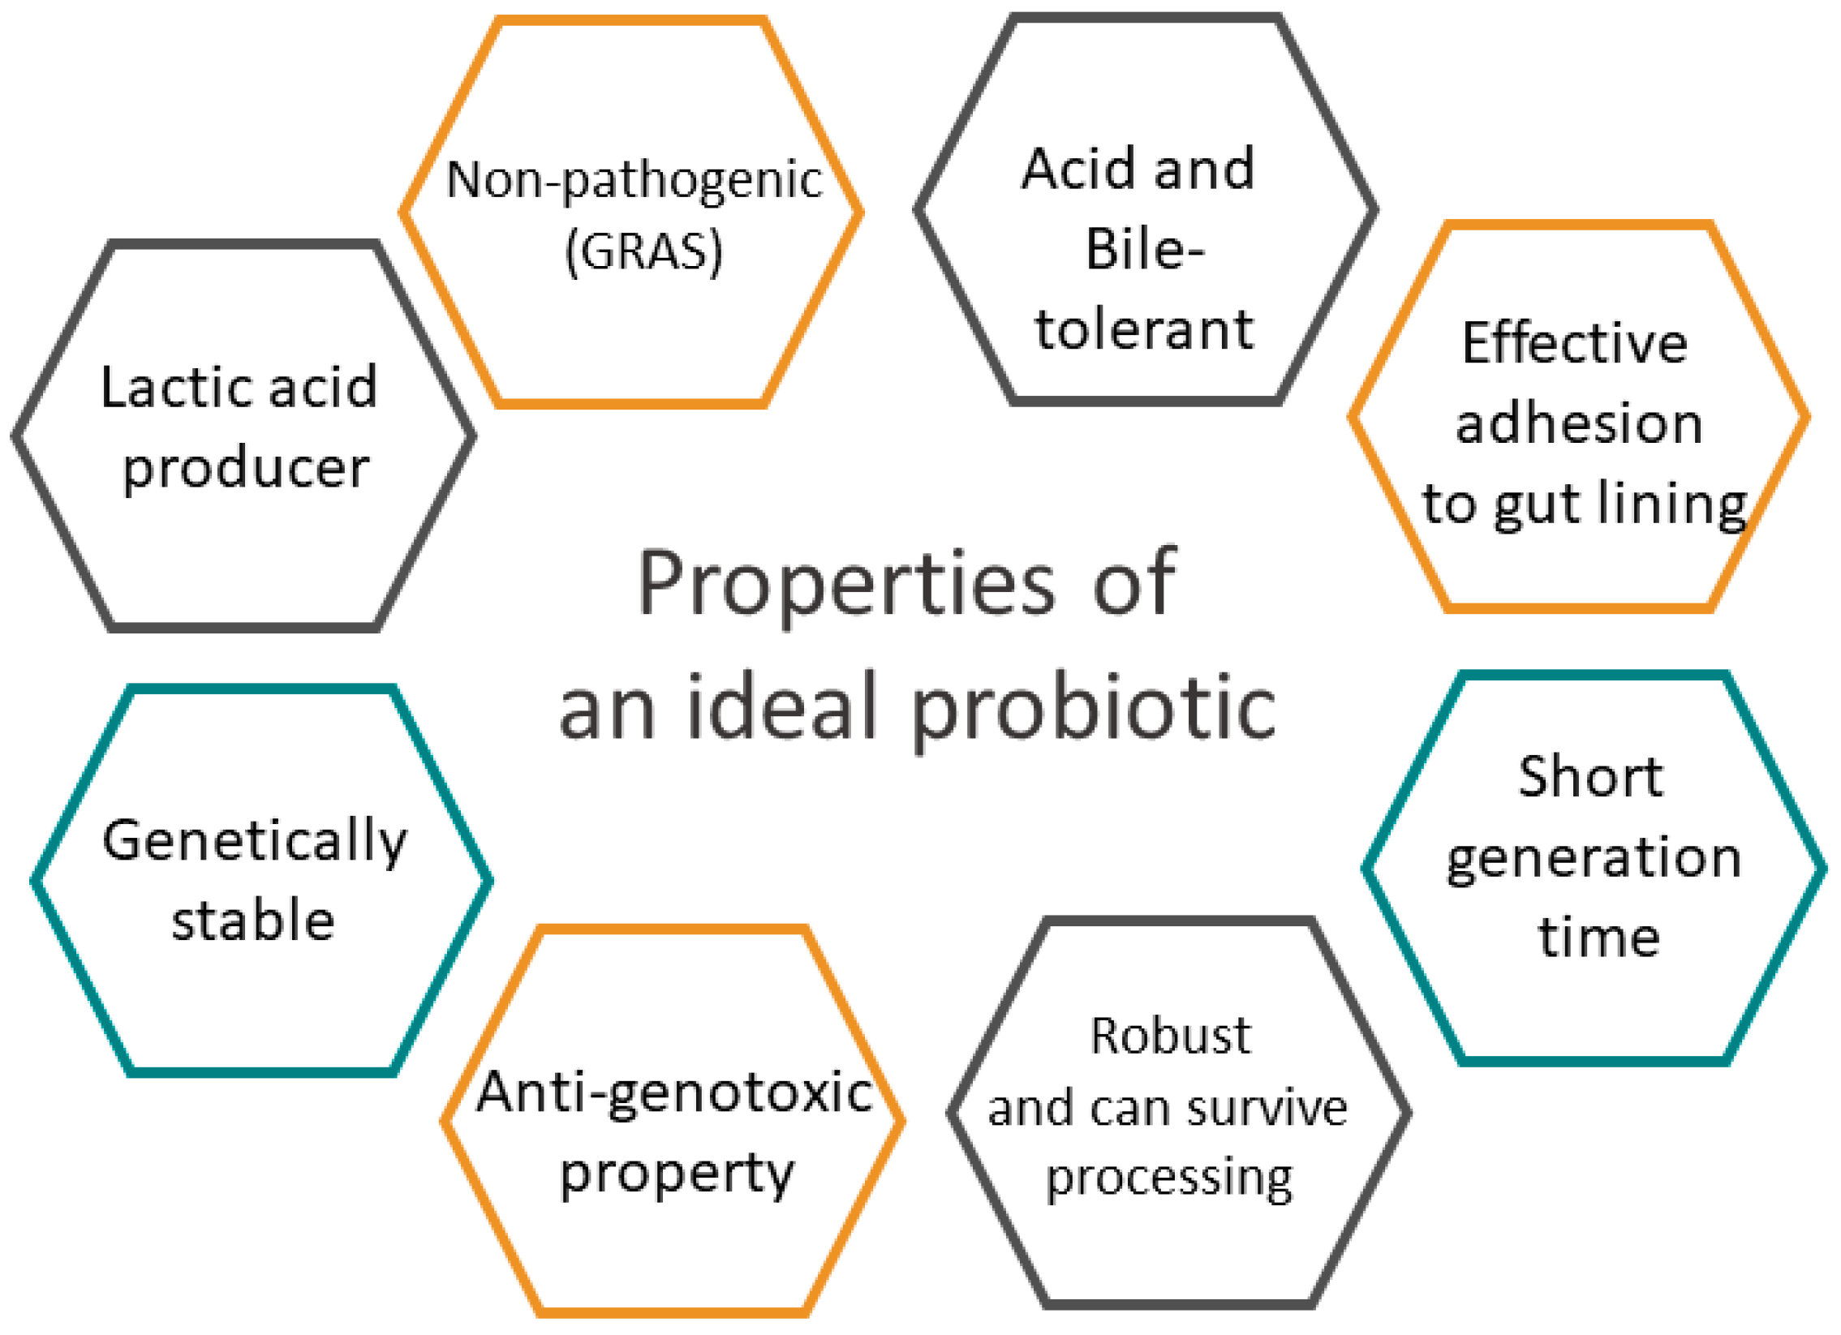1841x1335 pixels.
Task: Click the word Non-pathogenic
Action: click(x=634, y=179)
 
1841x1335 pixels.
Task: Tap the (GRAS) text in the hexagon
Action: click(x=643, y=251)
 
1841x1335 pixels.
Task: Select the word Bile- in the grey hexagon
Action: click(x=1145, y=248)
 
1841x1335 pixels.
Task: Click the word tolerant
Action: click(x=1145, y=329)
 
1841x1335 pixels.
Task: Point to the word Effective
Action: click(x=1574, y=343)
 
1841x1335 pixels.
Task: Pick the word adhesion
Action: click(x=1579, y=423)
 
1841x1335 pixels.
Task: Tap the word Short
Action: click(x=1590, y=777)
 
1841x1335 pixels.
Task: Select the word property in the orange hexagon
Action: click(x=677, y=1175)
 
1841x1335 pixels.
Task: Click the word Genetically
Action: click(x=254, y=842)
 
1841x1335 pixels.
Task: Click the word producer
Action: click(x=246, y=468)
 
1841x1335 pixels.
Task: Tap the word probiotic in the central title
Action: click(x=1093, y=708)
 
